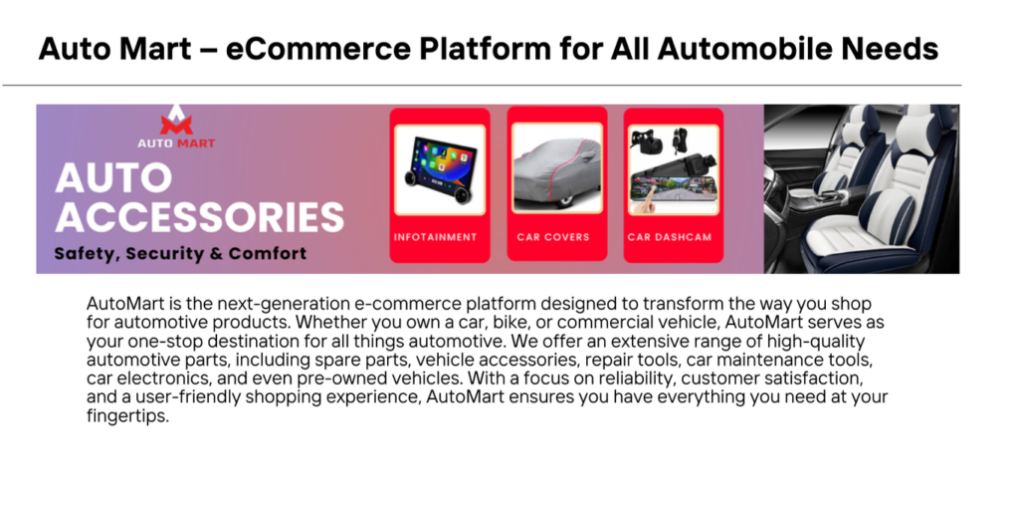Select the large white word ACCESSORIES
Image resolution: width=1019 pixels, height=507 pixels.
[x=199, y=217]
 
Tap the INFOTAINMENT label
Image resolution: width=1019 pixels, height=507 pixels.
[x=436, y=237]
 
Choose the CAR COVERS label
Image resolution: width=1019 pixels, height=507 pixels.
[x=553, y=237]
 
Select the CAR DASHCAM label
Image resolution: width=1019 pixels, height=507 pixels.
[x=670, y=237]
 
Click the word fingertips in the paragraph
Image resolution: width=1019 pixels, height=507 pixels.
[x=126, y=417]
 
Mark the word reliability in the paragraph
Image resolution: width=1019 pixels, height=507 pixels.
[x=625, y=379]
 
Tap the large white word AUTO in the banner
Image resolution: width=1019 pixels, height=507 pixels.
[x=113, y=178]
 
